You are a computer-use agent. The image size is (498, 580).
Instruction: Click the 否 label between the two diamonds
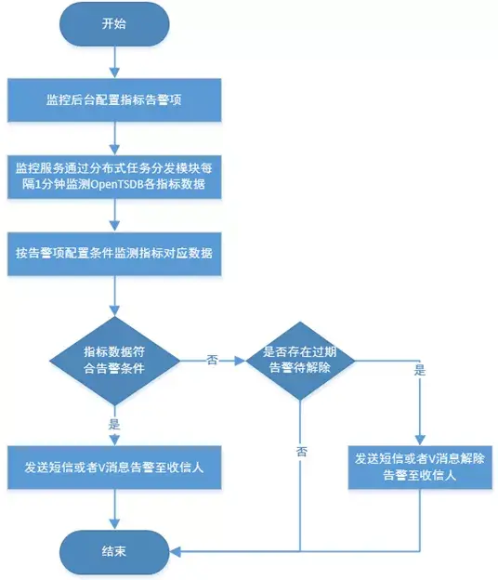point(213,359)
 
